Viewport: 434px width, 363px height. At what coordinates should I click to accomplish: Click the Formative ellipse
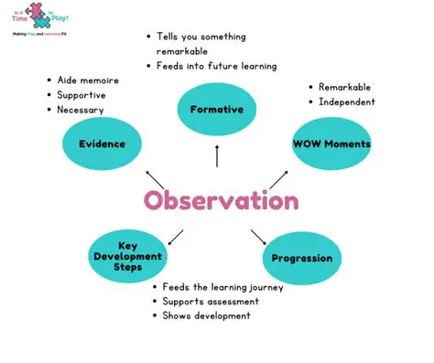217,110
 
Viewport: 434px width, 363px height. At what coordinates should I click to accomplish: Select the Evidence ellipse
102,144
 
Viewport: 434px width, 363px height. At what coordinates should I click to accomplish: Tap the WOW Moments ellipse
331,144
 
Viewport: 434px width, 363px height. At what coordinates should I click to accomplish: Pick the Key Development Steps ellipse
127,256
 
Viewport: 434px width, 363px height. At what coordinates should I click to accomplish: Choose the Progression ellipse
301,258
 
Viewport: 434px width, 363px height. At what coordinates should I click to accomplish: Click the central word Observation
221,200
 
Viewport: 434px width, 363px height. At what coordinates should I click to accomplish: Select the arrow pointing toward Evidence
157,178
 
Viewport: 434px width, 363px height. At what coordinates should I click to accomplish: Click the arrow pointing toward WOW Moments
279,179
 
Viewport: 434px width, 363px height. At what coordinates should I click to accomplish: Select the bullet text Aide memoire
88,80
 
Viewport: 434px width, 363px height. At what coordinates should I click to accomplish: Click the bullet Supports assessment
206,301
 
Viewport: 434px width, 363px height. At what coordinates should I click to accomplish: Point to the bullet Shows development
206,315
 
